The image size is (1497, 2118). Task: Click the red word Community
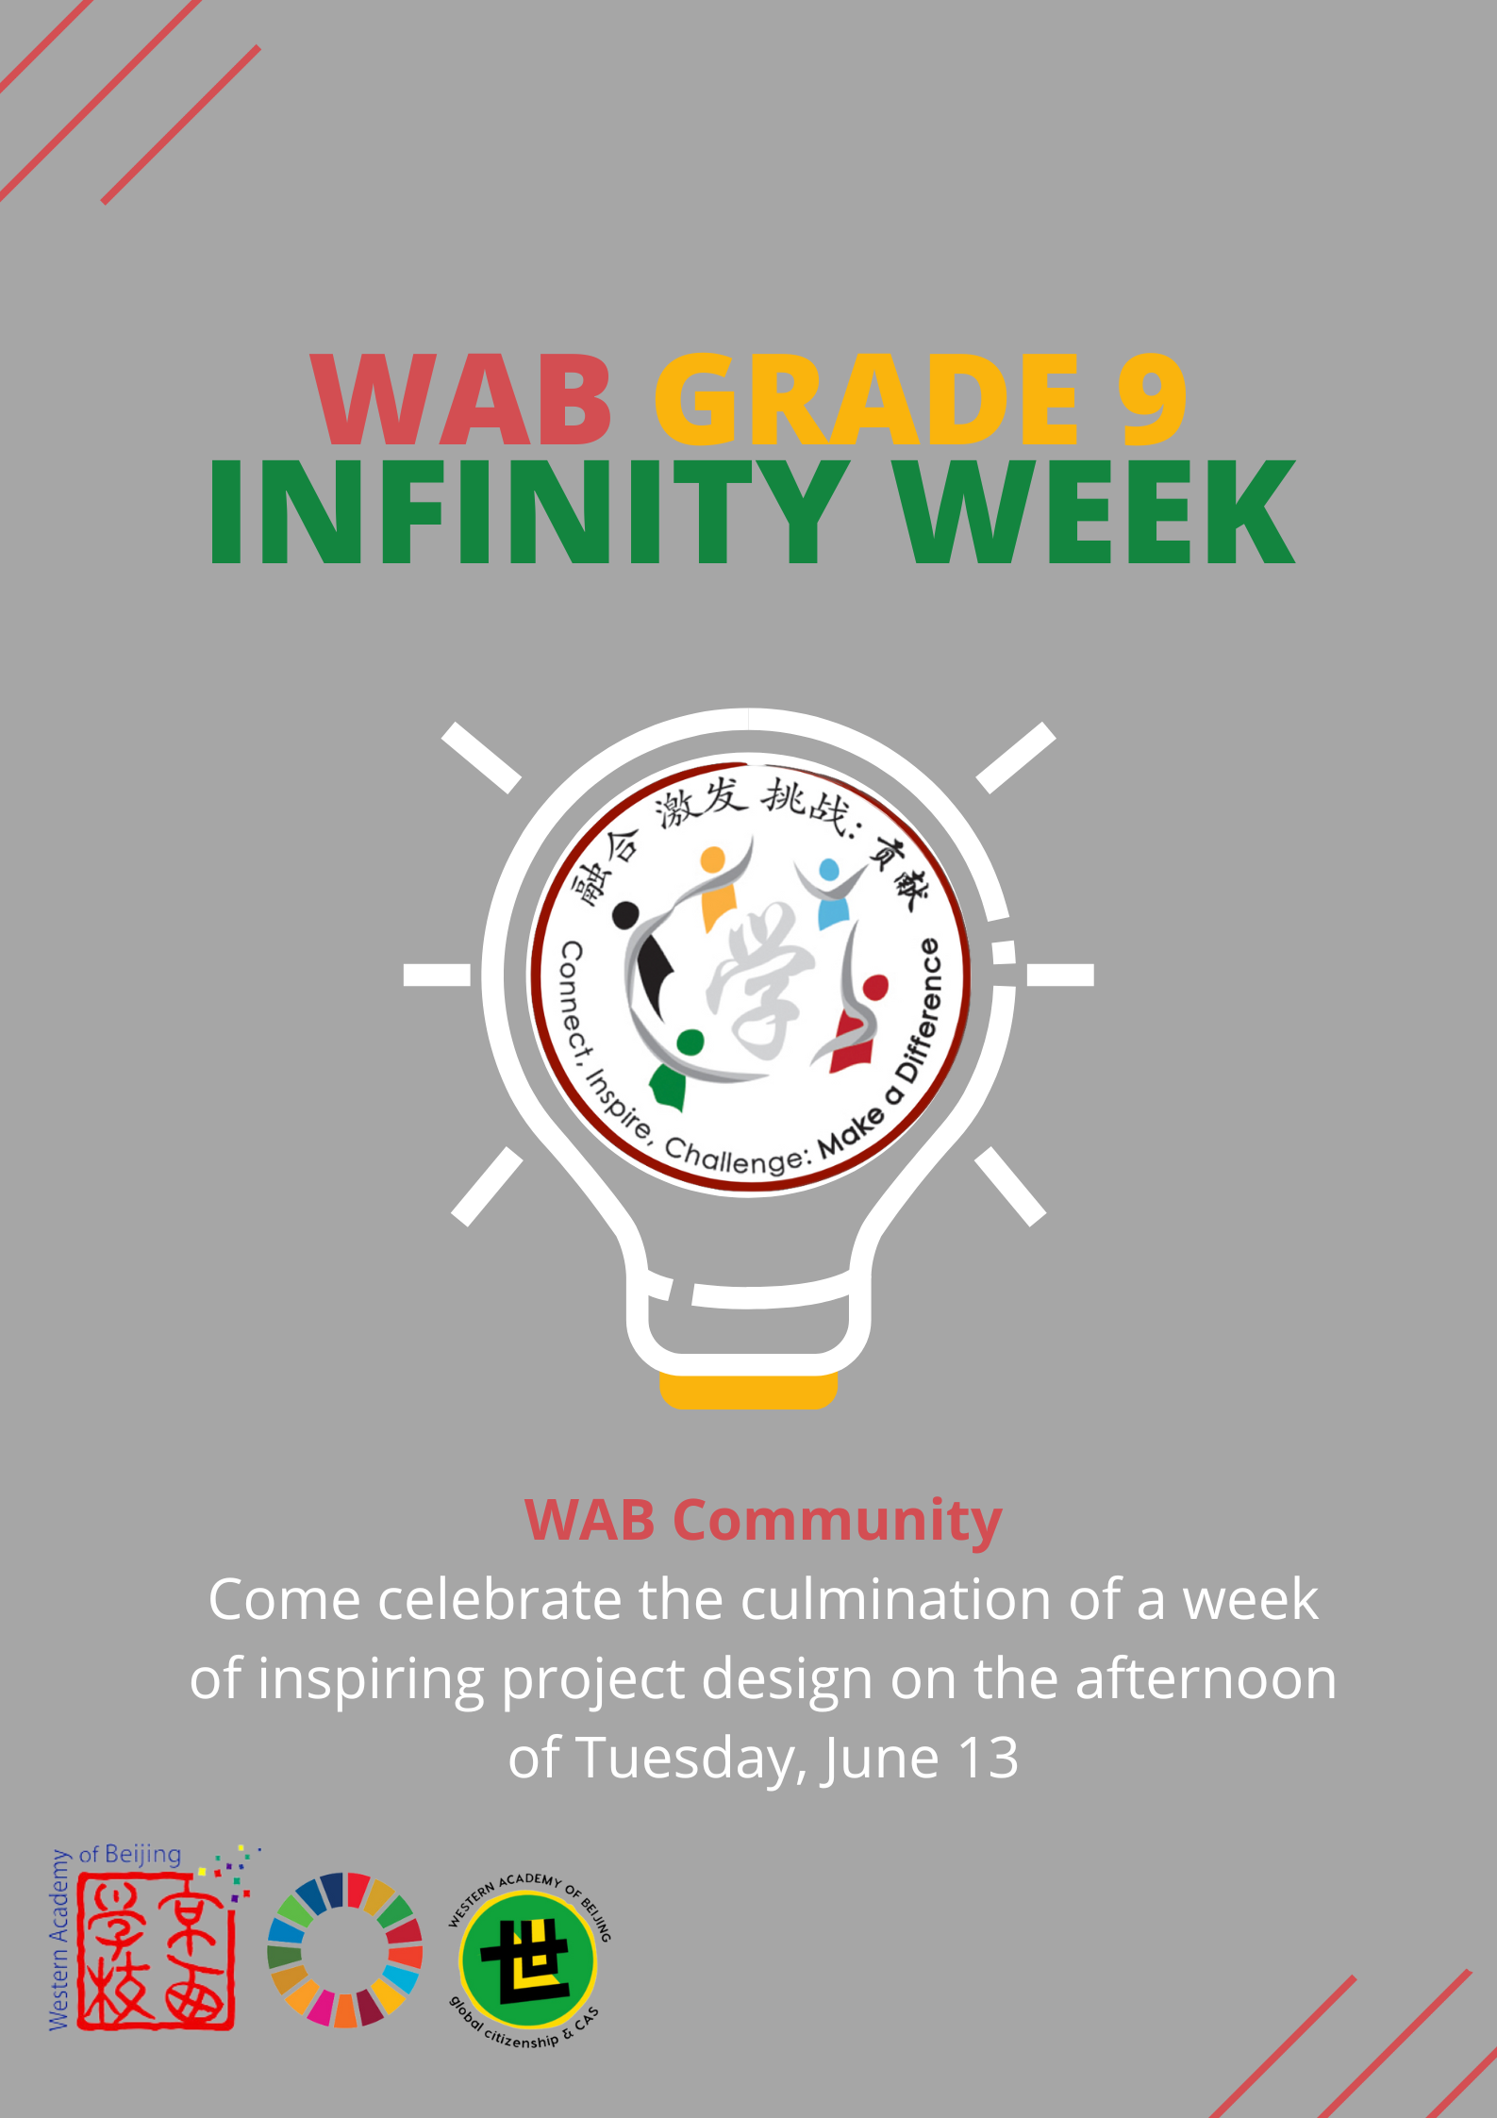838,1522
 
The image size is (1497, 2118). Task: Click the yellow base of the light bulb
748,1391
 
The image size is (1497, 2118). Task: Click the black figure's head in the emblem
625,914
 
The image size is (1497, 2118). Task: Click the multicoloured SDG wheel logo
344,1949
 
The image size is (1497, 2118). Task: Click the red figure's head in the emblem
875,987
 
